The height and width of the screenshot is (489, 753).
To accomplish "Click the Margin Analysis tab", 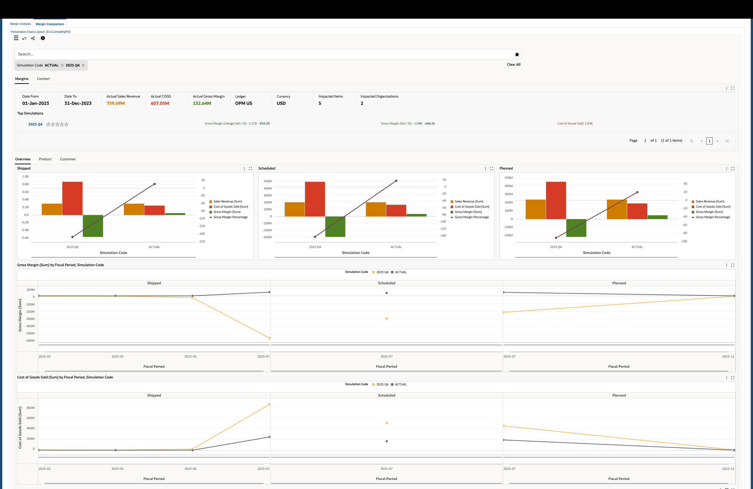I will (20, 24).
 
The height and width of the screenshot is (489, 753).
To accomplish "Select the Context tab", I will (43, 79).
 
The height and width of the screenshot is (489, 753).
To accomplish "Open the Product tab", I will (45, 159).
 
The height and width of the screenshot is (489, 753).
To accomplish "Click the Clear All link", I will (513, 64).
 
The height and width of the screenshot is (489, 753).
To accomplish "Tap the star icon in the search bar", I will (517, 55).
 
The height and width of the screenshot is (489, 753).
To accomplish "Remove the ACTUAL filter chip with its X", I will (62, 65).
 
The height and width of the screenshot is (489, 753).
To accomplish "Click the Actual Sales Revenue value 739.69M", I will (116, 103).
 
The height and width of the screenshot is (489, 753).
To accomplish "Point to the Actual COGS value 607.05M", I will (160, 103).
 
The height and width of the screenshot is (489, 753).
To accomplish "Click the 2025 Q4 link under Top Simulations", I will (35, 124).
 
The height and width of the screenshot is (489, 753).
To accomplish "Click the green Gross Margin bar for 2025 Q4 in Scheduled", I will (335, 227).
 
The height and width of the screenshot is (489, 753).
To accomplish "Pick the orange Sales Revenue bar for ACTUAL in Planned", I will (617, 209).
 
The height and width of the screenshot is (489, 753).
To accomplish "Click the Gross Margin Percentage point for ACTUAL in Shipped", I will (154, 184).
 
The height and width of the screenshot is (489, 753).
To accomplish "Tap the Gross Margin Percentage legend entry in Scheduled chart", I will (471, 217).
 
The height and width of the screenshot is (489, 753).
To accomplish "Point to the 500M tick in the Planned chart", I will (508, 178).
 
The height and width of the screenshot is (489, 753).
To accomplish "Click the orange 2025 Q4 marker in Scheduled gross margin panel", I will (387, 318).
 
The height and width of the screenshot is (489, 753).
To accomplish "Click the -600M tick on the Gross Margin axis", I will (30, 341).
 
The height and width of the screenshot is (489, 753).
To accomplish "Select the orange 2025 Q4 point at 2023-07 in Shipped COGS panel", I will (269, 405).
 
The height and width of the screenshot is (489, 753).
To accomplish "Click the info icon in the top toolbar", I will (43, 38).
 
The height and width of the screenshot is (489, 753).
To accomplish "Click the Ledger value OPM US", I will (243, 103).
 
